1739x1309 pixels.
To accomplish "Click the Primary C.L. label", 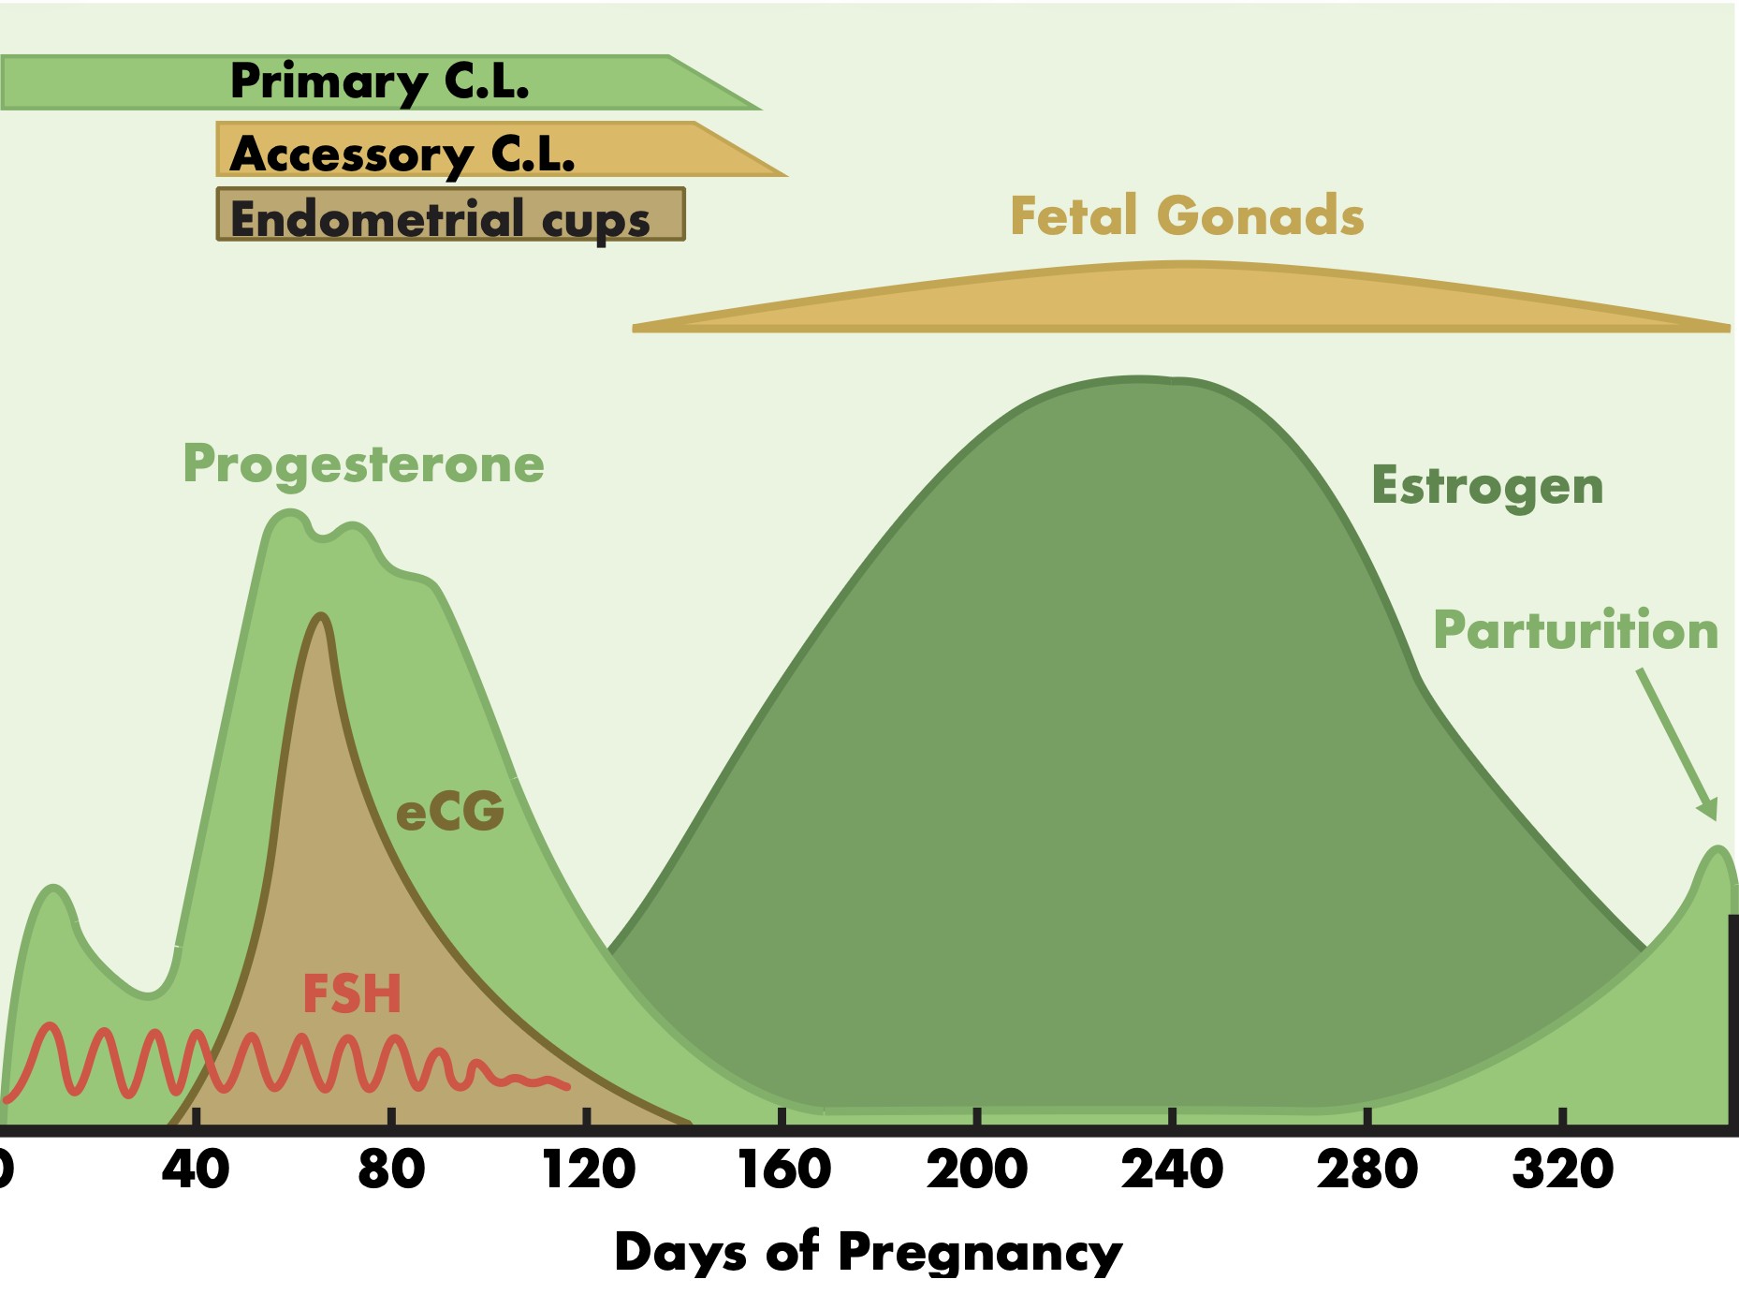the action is tap(379, 82).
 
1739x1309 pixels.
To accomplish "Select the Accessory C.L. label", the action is tap(402, 154).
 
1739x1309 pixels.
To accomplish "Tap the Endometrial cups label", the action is tap(440, 219).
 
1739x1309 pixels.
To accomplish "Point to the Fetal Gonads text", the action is tap(1187, 215).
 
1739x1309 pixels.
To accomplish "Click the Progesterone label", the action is tap(363, 464).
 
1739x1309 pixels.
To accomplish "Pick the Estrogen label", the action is tap(1487, 486).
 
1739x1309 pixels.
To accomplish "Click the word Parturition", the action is tap(1576, 629).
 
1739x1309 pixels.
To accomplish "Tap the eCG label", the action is tap(450, 811).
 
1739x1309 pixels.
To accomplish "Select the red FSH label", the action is tap(352, 993).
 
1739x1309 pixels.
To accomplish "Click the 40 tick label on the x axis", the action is tap(196, 1169).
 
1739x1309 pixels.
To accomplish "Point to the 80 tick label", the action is tap(391, 1169).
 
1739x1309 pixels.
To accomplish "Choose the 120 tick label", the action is tap(589, 1169).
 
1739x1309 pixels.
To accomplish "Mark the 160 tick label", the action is tap(784, 1169).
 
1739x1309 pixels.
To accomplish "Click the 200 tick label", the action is tap(977, 1169).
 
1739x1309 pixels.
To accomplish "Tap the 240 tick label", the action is tap(1173, 1169).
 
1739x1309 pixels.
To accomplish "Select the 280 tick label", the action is tap(1367, 1169).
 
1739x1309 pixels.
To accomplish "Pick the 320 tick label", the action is tap(1563, 1169).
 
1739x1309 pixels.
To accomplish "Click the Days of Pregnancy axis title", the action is tap(869, 1252).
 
